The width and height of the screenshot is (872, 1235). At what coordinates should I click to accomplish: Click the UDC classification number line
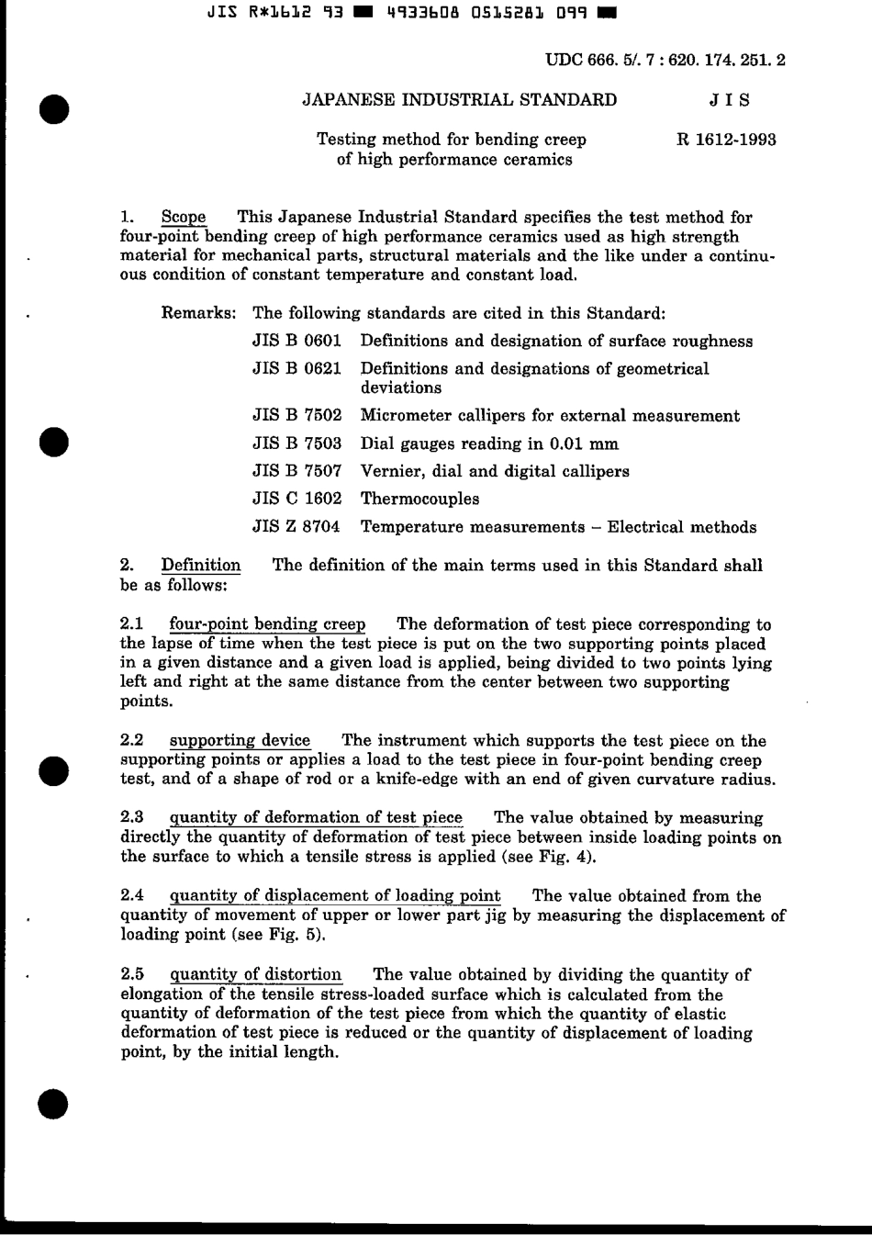coord(665,61)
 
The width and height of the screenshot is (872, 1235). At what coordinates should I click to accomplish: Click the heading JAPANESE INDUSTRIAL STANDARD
coord(460,100)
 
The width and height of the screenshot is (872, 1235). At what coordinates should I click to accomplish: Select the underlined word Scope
coord(184,218)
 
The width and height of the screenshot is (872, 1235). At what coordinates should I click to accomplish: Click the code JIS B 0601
coord(296,341)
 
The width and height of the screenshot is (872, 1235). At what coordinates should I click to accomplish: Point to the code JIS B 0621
coord(296,368)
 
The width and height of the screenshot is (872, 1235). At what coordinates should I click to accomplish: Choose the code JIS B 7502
coord(296,415)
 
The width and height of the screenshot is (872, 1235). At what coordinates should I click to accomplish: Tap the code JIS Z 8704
coord(296,527)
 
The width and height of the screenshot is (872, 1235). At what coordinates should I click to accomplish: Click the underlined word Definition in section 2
coord(201,565)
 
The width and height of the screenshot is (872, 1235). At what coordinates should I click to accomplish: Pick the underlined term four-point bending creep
coord(267,624)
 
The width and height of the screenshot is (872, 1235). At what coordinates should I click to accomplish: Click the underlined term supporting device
coord(240,740)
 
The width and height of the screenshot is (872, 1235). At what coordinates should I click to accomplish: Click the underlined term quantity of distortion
coord(256,974)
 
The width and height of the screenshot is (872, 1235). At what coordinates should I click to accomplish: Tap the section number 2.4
coord(132,895)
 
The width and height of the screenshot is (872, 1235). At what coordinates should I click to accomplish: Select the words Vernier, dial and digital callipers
coord(495,471)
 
